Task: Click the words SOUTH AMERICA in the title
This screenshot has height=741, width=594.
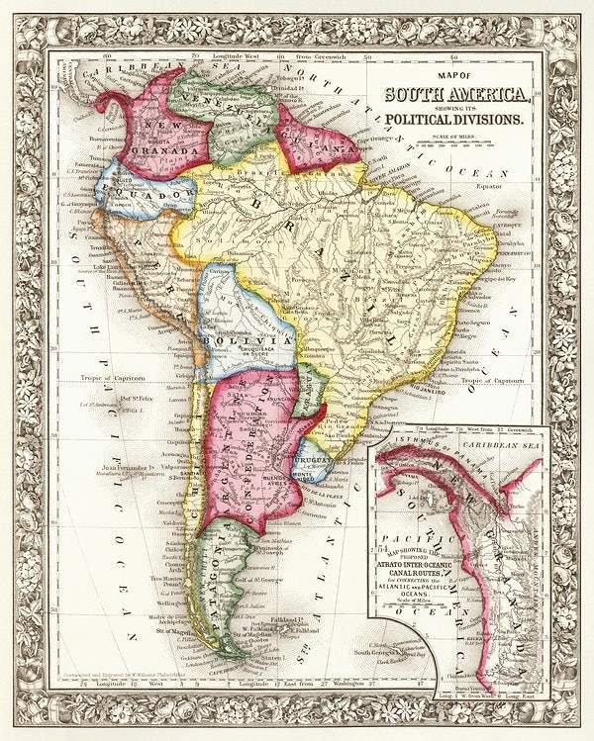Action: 457,97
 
